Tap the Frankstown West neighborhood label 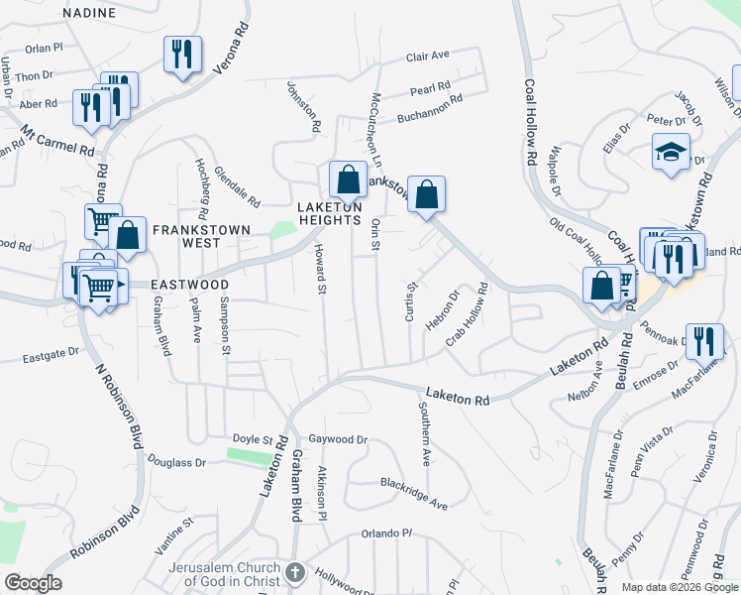199,235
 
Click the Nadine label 89,13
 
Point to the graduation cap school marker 671,154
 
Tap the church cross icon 294,572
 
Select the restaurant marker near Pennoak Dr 703,341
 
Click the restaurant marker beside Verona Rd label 181,55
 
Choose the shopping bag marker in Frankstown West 127,236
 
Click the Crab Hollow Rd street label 468,313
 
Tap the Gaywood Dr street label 338,439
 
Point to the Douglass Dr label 176,462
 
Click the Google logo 33,583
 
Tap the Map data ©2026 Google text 680,587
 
